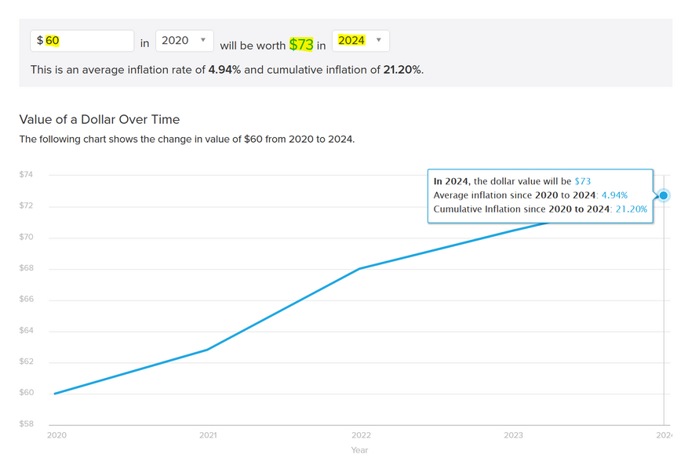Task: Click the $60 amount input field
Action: pos(82,41)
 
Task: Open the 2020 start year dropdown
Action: pos(184,41)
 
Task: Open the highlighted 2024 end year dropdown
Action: pos(360,41)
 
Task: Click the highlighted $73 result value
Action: pos(301,44)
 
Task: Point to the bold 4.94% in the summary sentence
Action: pos(224,70)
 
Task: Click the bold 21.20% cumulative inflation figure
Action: pos(402,70)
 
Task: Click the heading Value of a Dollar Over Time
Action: pos(100,120)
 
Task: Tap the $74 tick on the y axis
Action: pos(27,175)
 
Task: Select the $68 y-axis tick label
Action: pos(27,269)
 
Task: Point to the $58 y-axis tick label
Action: pos(27,424)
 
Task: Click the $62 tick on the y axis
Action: pos(27,362)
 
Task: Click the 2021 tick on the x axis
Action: pos(208,434)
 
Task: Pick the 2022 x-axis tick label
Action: pos(361,434)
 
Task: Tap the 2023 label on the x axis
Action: pos(514,434)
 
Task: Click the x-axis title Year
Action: pos(359,450)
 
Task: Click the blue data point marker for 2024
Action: pos(664,194)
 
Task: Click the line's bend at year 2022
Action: pos(360,269)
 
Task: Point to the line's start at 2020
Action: pos(55,393)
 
